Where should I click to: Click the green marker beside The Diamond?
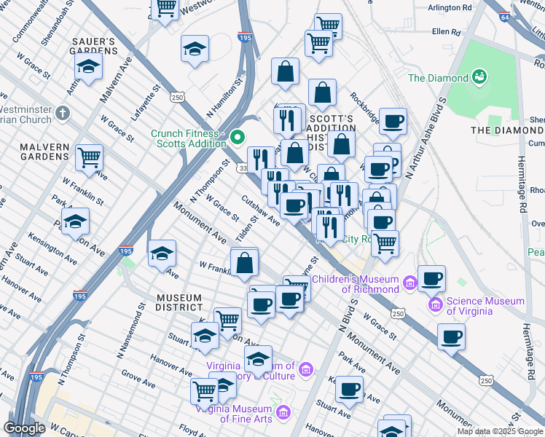(479, 76)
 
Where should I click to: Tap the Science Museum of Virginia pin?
(436, 303)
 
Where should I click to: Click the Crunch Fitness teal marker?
(237, 136)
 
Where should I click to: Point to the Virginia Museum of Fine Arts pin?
(283, 413)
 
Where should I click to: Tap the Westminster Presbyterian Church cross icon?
(63, 114)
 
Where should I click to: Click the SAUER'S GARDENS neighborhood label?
(93, 45)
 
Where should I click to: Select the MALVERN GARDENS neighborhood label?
(34, 151)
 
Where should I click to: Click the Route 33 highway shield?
(241, 168)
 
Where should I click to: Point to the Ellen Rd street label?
(446, 32)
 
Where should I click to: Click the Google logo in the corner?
(24, 428)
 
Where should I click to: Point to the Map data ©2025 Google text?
(499, 431)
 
